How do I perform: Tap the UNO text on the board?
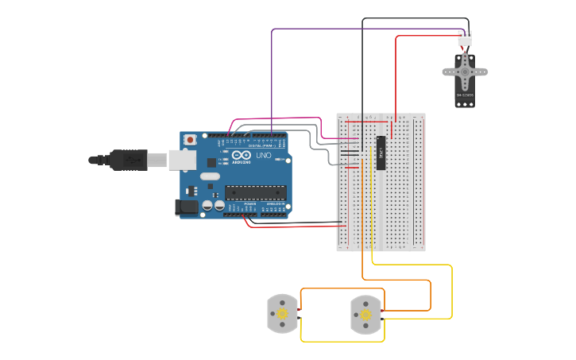pos(263,156)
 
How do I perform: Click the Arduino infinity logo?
pos(242,155)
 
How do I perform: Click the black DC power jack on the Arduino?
pos(185,207)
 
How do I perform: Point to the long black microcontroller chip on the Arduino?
pos(255,192)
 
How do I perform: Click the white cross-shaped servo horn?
pos(465,72)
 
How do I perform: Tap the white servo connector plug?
pos(465,38)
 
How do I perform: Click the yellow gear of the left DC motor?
pos(281,314)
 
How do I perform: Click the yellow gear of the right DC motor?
pos(365,315)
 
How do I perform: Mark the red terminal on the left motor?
pos(300,310)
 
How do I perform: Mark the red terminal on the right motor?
pos(384,310)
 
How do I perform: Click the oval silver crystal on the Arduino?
pos(209,176)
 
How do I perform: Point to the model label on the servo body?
pos(465,95)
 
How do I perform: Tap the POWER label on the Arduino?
pos(250,203)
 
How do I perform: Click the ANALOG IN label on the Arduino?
pos(276,203)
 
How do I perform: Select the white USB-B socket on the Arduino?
pos(182,160)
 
